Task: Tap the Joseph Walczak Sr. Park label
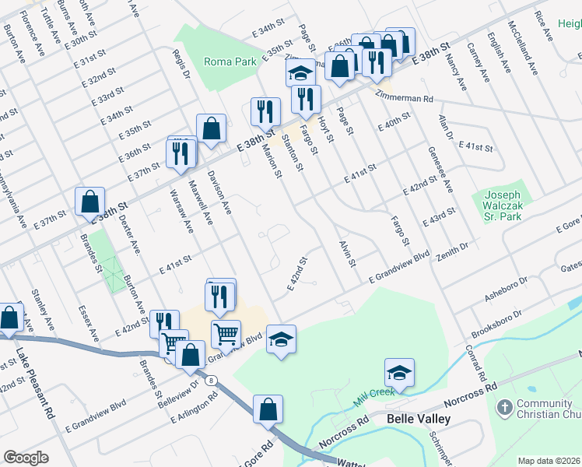click(x=503, y=205)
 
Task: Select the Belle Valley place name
click(x=419, y=419)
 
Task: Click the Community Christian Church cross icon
click(x=504, y=406)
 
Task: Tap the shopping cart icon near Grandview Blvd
click(x=226, y=334)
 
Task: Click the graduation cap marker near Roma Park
click(x=300, y=73)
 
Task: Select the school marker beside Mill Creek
click(x=399, y=373)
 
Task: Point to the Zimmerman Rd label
click(x=403, y=99)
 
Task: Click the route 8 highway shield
click(x=211, y=381)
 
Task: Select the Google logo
click(x=26, y=458)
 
